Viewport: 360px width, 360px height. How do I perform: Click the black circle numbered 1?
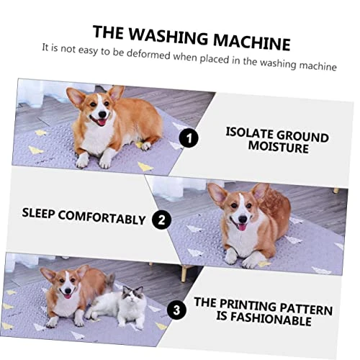[189, 138]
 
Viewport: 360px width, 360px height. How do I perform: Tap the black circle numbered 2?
[161, 220]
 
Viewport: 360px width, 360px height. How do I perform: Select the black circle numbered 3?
[176, 310]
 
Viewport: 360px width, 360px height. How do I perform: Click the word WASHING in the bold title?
[168, 37]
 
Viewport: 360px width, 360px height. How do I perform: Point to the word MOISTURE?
[279, 146]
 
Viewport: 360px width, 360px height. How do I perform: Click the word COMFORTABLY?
[102, 217]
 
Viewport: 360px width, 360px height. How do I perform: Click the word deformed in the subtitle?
[148, 55]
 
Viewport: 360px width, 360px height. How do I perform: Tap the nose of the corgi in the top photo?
[102, 114]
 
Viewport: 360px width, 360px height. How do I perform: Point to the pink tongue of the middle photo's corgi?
[242, 227]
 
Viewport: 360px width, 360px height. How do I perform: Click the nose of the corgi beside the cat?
[68, 291]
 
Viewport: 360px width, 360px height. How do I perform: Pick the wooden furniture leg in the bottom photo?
[184, 274]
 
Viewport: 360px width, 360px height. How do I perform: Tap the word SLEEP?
[38, 213]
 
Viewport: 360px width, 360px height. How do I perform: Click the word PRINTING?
[248, 305]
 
